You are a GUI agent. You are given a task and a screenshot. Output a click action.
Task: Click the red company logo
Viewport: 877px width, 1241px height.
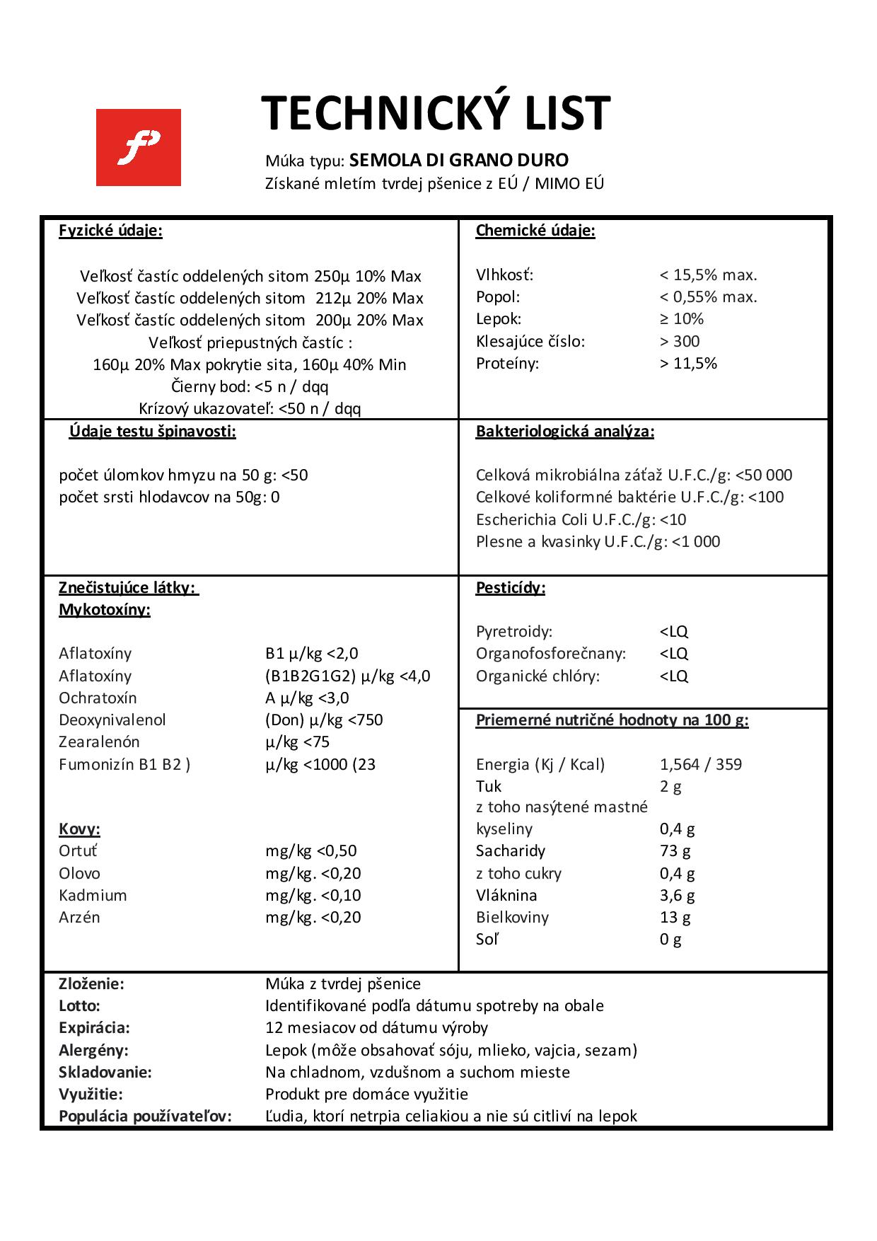click(139, 147)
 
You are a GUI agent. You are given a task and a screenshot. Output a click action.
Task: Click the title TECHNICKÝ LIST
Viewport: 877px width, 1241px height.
click(436, 112)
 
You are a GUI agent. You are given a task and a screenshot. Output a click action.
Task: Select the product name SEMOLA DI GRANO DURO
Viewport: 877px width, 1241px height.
click(459, 160)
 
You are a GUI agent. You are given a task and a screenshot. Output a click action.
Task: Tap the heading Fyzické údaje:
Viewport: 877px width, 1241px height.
click(110, 231)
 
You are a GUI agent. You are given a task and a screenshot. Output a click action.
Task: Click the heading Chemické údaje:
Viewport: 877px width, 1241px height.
click(535, 231)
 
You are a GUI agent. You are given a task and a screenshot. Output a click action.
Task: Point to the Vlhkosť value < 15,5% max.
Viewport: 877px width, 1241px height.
click(708, 275)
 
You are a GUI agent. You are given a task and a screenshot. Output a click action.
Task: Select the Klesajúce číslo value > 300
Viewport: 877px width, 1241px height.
click(680, 341)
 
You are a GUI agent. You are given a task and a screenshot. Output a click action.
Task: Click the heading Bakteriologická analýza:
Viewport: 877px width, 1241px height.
click(564, 432)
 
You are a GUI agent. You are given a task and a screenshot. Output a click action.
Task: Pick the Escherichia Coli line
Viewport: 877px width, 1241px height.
click(581, 519)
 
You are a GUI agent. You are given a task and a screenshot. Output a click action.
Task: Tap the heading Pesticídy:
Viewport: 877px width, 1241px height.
click(511, 588)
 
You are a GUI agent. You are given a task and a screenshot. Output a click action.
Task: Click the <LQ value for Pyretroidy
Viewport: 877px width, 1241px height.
click(673, 631)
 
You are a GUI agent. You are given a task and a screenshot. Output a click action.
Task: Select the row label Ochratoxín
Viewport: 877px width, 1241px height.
click(98, 698)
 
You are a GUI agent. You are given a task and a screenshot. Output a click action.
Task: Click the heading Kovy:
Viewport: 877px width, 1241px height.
click(79, 829)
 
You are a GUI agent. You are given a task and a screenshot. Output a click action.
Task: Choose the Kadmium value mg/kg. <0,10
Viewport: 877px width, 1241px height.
click(313, 895)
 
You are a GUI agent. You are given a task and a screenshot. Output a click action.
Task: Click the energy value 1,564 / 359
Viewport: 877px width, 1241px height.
click(700, 764)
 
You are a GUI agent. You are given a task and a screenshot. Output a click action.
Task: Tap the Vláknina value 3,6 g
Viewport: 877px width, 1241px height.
click(677, 895)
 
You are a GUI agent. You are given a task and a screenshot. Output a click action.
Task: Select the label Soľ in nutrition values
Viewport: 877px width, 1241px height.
click(487, 939)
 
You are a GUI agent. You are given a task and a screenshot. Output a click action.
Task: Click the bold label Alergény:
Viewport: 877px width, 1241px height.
click(93, 1050)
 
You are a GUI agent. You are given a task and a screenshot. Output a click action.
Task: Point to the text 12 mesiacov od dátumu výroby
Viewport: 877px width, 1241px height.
click(376, 1027)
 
